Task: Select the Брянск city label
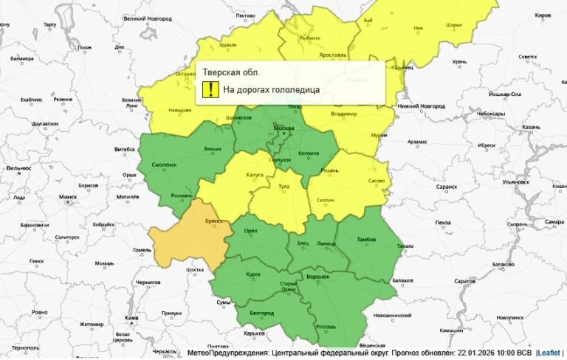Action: click(x=216, y=221)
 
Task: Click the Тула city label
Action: click(x=282, y=187)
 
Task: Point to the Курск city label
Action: click(x=253, y=274)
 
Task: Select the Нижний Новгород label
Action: click(x=422, y=106)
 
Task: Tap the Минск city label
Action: click(x=68, y=197)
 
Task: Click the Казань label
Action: click(x=532, y=127)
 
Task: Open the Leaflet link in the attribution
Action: click(x=549, y=353)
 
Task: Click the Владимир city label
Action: click(x=344, y=114)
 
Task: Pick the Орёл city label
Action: click(x=250, y=231)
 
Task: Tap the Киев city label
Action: click(x=132, y=317)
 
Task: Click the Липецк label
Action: click(x=326, y=243)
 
